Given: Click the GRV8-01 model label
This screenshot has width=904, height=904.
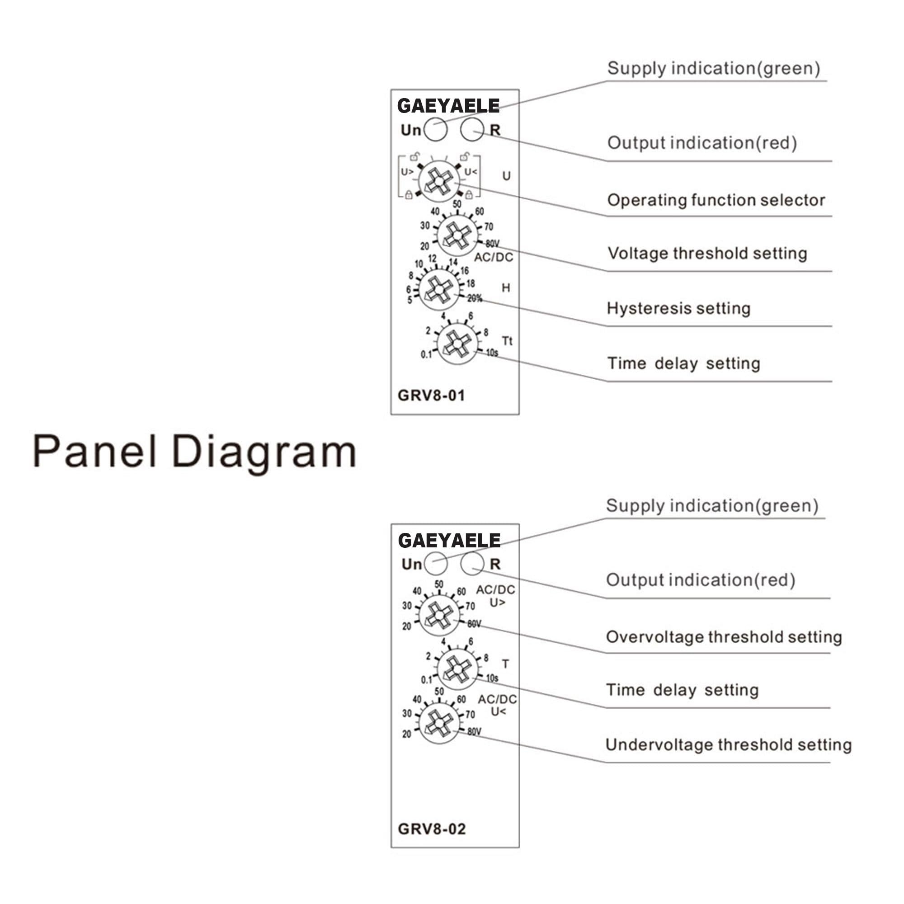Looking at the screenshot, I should click(431, 396).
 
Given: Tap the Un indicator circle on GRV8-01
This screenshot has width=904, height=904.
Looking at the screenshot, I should click(435, 129).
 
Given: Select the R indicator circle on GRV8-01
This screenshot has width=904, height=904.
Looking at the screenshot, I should click(471, 129).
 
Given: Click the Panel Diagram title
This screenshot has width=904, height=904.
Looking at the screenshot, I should click(195, 451).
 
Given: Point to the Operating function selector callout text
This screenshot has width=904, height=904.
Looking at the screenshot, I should click(716, 200).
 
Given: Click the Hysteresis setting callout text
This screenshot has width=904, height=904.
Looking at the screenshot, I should click(678, 308).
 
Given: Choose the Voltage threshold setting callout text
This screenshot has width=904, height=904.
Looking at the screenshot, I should click(707, 254).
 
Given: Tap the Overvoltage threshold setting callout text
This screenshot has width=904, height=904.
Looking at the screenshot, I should click(724, 637).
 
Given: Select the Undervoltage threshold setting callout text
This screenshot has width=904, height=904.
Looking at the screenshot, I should click(729, 744).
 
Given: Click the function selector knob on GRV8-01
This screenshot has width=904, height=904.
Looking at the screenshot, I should click(438, 181).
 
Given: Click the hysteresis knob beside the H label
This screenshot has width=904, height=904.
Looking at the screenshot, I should click(438, 290).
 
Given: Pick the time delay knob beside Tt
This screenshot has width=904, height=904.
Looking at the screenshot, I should click(457, 344).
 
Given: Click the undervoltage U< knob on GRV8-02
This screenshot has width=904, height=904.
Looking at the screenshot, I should click(438, 723).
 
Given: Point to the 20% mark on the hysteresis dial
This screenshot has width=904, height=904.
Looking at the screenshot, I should click(475, 298).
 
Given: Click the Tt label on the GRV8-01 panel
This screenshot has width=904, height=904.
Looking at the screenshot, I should click(507, 341).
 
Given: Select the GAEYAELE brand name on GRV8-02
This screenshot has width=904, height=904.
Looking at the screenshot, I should click(449, 541).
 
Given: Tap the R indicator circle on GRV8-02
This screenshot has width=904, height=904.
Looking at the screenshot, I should click(471, 563).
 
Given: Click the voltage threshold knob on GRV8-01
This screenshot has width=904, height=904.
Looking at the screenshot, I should click(457, 235).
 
